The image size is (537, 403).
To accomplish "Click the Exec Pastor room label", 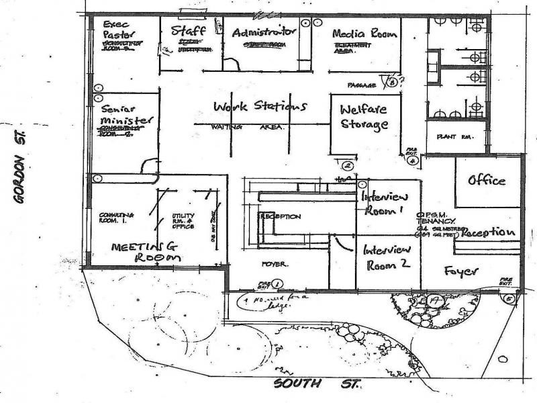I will [120, 29].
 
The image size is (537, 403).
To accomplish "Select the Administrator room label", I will [264, 32].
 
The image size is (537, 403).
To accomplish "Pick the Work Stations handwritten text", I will [260, 107].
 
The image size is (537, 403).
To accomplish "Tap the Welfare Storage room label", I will [364, 117].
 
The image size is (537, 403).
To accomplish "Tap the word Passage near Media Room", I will [360, 85].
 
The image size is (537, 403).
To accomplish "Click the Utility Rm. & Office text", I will [183, 219].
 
